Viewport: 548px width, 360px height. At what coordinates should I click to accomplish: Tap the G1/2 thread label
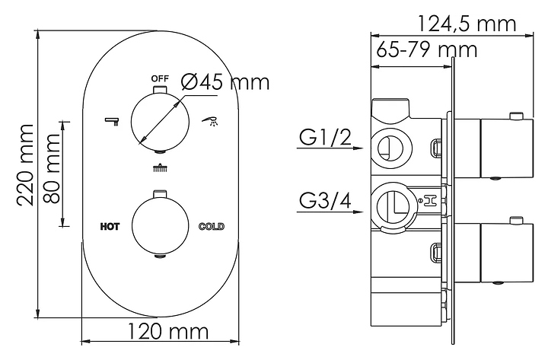pos(324,139)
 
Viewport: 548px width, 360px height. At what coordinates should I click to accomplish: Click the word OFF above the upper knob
pos(159,79)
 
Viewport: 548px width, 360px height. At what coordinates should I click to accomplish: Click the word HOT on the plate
pos(110,226)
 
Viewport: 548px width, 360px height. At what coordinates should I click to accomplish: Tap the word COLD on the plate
pos(211,226)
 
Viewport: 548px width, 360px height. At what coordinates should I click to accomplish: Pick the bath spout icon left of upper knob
pos(113,119)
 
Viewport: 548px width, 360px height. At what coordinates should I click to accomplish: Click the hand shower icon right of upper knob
pos(209,119)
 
